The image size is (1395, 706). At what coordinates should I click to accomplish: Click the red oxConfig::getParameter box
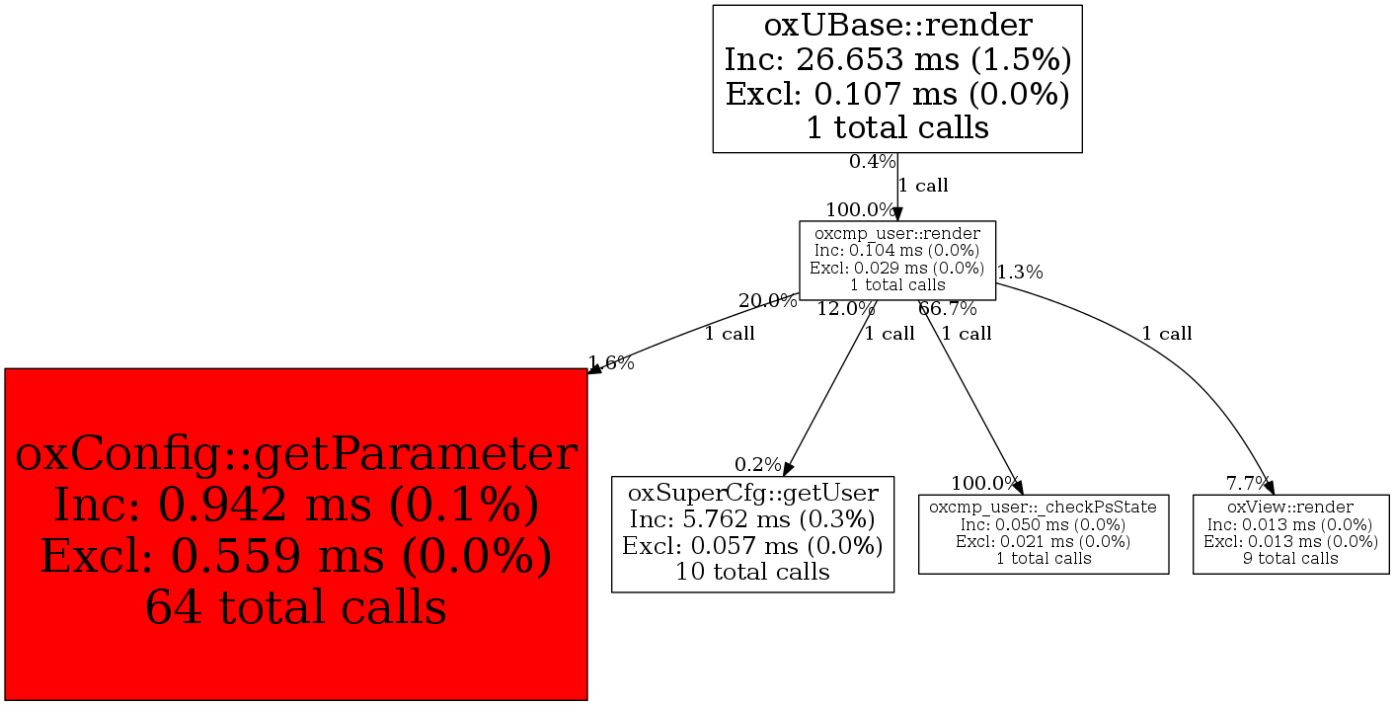coord(296,533)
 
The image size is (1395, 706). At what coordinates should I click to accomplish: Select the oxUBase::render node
coord(897,79)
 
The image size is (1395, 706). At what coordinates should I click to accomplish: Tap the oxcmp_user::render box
coord(896,260)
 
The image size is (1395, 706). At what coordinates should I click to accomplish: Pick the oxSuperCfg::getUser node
coord(752,533)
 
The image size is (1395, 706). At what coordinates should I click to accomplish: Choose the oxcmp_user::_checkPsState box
coord(1044,533)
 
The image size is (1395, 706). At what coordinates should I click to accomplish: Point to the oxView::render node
coord(1290,533)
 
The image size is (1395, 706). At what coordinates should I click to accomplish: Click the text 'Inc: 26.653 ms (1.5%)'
coord(897,60)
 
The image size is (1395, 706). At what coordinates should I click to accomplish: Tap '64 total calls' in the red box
coord(296,606)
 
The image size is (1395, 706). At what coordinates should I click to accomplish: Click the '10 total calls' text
coord(752,571)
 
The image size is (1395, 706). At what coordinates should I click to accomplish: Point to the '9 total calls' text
coord(1290,559)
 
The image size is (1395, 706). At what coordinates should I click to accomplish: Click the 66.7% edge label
coord(947,309)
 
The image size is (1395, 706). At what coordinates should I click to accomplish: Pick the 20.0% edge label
coord(767,301)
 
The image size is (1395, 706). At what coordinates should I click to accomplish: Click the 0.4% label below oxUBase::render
coord(872,161)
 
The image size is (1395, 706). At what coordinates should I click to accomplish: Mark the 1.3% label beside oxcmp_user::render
coord(1020,273)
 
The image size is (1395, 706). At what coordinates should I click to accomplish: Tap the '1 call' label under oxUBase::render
coord(923,185)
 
